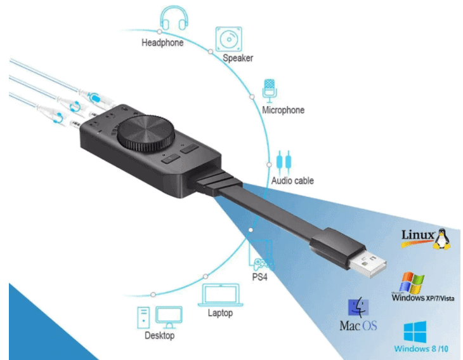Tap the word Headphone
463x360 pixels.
pos(163,43)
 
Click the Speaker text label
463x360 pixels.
pos(238,58)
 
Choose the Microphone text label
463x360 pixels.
pos(283,110)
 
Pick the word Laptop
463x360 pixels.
pos(220,313)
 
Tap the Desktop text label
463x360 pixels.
pos(159,335)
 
